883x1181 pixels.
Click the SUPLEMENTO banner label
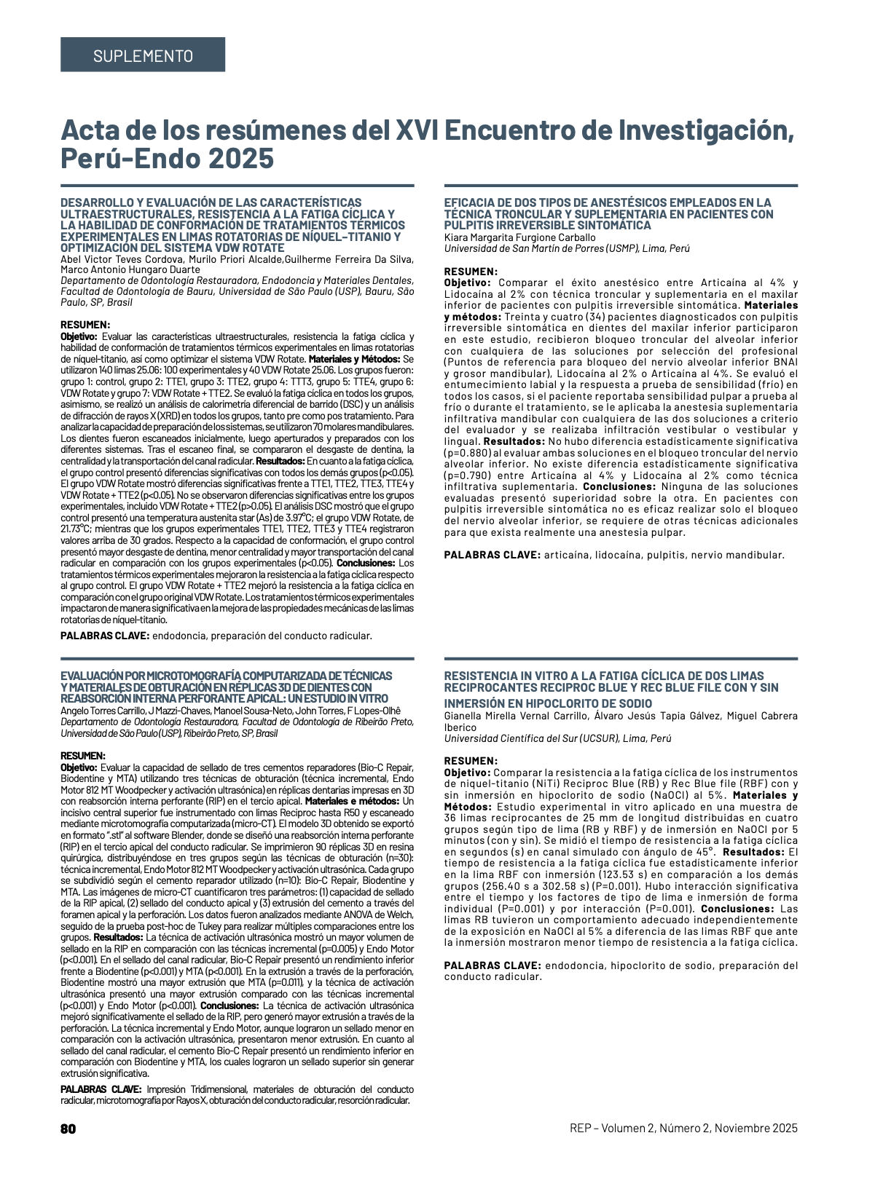click(x=143, y=55)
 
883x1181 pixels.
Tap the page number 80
click(x=68, y=1129)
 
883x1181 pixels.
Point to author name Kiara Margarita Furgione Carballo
click(x=519, y=237)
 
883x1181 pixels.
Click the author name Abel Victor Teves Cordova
click(x=122, y=260)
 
